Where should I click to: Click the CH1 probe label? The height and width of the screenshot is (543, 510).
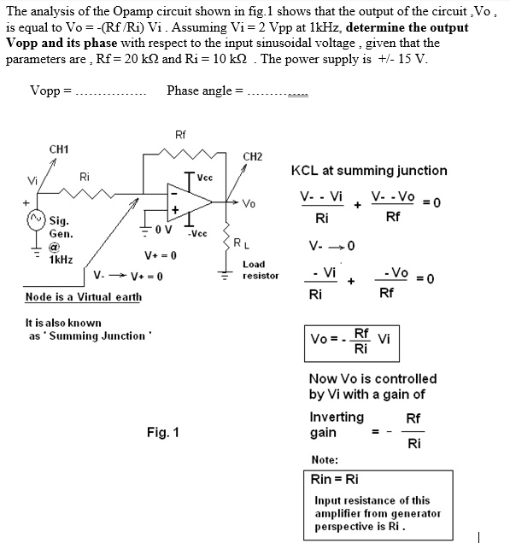pyautogui.click(x=59, y=149)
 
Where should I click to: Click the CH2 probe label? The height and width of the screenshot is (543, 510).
pyautogui.click(x=253, y=156)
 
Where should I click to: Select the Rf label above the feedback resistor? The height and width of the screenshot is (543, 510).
pyautogui.click(x=180, y=135)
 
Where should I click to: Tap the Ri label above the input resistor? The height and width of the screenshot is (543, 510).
pyautogui.click(x=85, y=177)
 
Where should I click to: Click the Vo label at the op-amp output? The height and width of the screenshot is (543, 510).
pyautogui.click(x=249, y=204)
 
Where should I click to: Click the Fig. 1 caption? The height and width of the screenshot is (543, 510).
pyautogui.click(x=162, y=432)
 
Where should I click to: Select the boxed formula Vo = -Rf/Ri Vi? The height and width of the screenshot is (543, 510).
pyautogui.click(x=351, y=342)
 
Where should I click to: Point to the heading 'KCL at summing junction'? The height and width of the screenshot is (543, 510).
pyautogui.click(x=369, y=171)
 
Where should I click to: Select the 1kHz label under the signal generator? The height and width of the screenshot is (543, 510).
pyautogui.click(x=61, y=259)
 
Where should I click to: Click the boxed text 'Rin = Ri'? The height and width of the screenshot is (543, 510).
pyautogui.click(x=335, y=480)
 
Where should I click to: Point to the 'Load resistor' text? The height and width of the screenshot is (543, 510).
pyautogui.click(x=261, y=270)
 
